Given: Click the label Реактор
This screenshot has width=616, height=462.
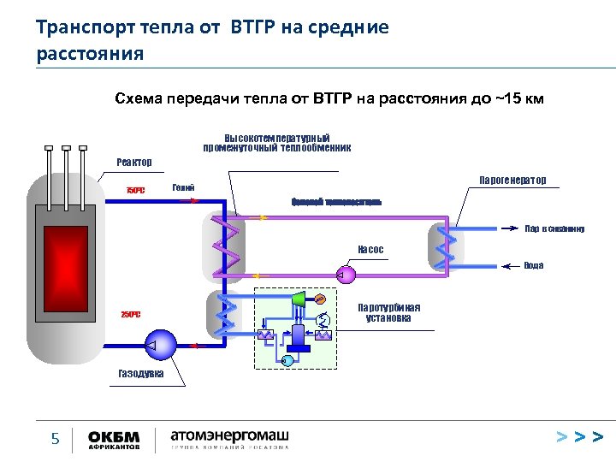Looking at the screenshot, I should [x=133, y=163].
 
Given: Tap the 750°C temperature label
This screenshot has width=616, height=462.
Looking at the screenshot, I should [x=135, y=190].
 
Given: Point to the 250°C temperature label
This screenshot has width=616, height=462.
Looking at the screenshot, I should [x=130, y=314].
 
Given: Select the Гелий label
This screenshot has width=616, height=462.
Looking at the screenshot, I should [x=183, y=187].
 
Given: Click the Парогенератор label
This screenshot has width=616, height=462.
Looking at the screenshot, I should [x=512, y=181].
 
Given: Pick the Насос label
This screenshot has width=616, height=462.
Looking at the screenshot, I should [x=370, y=250].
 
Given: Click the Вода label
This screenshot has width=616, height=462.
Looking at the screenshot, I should [x=533, y=266].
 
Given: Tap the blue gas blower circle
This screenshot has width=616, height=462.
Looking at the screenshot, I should [x=161, y=345].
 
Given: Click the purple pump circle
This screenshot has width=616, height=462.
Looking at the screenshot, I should [x=347, y=275].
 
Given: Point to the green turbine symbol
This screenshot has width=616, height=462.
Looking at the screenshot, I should [x=298, y=299].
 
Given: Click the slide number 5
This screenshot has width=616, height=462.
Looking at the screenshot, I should [x=56, y=440].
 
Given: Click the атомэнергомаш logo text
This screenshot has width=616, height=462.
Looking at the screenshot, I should [x=229, y=436].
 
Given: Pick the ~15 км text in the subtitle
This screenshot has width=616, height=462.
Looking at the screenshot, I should [x=518, y=98].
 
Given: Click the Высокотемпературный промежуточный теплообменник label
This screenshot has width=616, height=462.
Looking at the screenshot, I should [x=276, y=142].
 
